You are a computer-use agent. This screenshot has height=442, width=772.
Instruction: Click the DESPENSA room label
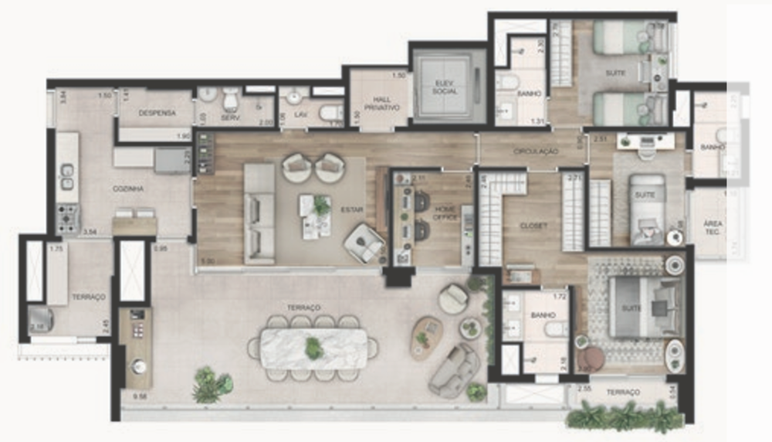(157, 113)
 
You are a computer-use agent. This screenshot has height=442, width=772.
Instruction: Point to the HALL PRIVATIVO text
(381, 103)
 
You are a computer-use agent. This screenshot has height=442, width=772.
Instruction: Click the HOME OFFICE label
(445, 213)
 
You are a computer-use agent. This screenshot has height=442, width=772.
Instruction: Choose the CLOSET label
(533, 226)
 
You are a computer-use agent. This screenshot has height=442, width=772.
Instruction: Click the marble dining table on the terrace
(313, 348)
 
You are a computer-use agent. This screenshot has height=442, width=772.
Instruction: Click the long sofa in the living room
(259, 213)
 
